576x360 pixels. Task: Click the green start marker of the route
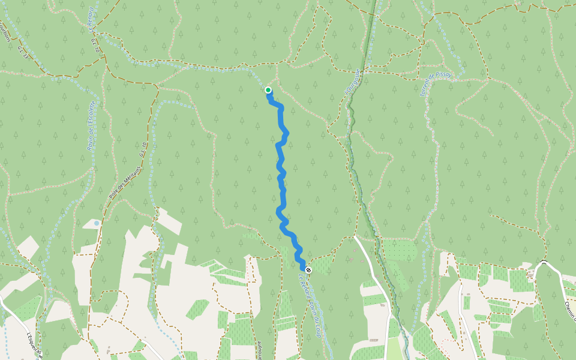point(268,90)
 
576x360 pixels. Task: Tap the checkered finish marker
point(308,270)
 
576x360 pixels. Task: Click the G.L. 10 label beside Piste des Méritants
point(143,149)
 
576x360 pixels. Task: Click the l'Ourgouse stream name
point(352,81)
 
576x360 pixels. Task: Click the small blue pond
point(97,223)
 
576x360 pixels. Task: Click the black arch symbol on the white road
point(544,262)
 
